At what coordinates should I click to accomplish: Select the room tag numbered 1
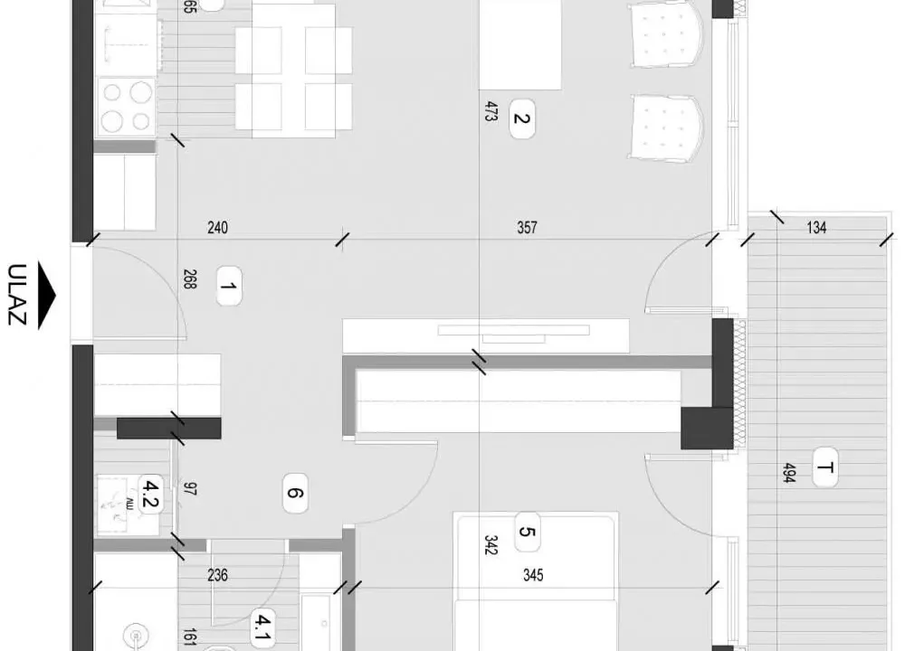tap(228, 290)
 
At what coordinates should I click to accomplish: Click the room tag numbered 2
tap(521, 117)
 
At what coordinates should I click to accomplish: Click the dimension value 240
tap(217, 228)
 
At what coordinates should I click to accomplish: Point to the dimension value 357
tap(527, 228)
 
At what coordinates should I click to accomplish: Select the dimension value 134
tap(816, 228)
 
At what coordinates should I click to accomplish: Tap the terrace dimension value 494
tap(787, 472)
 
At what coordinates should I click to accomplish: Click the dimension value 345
tap(533, 575)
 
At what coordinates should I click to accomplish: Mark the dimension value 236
tap(218, 575)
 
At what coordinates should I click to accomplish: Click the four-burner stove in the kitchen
tap(126, 106)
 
